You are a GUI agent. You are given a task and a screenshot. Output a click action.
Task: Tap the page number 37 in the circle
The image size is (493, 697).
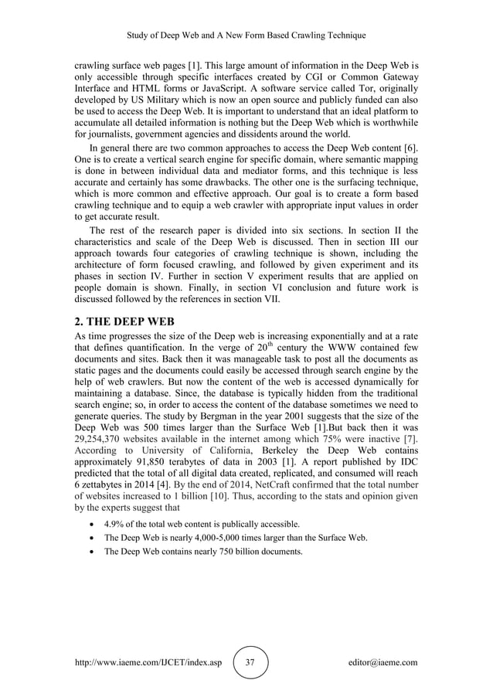(x=250, y=662)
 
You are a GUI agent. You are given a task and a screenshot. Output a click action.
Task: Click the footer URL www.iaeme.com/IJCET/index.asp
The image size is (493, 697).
(x=147, y=662)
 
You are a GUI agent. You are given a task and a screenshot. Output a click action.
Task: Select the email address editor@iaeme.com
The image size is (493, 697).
(x=382, y=662)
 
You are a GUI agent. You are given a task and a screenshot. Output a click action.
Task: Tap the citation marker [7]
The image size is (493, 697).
(x=409, y=440)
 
